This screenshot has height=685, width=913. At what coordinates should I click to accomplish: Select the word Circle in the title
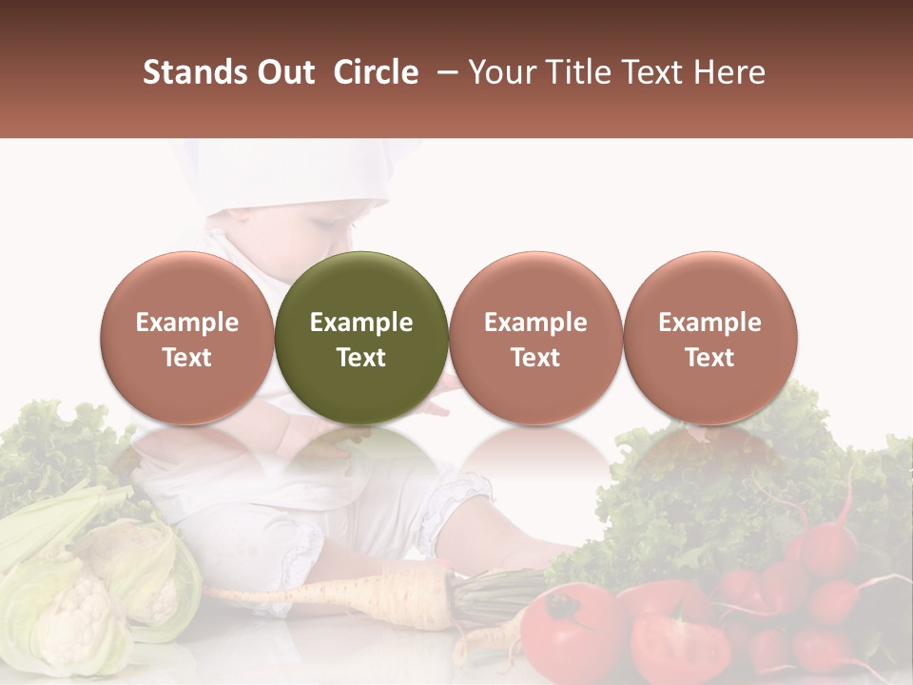tap(376, 72)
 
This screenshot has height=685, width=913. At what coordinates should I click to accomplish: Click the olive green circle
tap(361, 339)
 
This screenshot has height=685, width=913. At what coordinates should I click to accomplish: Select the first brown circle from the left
tap(186, 339)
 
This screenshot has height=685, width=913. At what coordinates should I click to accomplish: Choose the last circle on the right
tap(709, 339)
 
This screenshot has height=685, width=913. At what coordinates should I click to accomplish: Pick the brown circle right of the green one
tap(535, 339)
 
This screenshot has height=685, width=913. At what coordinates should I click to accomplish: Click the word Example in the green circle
tap(361, 323)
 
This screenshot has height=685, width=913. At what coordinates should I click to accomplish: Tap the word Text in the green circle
tap(361, 358)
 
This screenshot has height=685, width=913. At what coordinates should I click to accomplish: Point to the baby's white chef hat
tap(285, 176)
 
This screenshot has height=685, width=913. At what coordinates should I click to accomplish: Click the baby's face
tap(304, 238)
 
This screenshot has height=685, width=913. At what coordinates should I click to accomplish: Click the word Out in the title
tap(284, 72)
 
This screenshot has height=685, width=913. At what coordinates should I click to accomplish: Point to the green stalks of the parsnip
tap(495, 595)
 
